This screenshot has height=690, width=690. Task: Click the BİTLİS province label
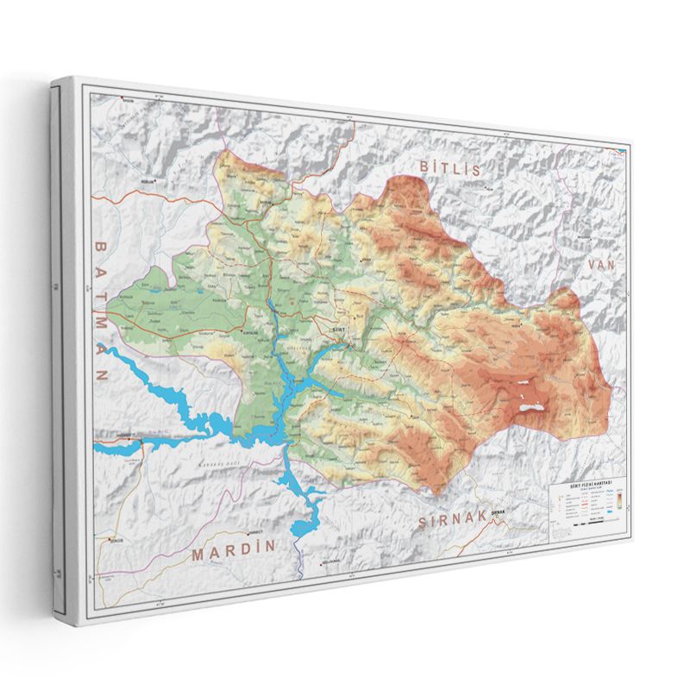(x=449, y=168)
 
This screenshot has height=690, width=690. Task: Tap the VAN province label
(x=601, y=266)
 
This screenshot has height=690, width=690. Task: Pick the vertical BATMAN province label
(x=100, y=309)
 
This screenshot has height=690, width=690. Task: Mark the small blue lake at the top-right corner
(x=620, y=154)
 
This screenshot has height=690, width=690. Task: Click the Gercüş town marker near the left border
(x=110, y=542)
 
